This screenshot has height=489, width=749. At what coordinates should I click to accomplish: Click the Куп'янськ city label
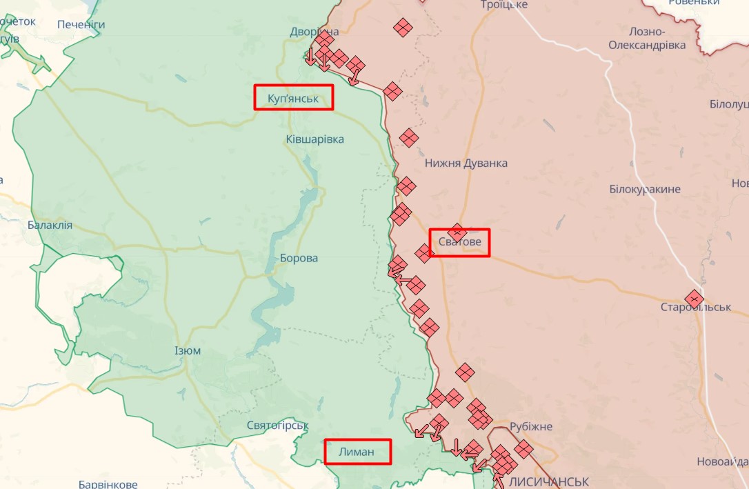(293, 98)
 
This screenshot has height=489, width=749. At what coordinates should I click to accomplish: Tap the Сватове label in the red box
(460, 243)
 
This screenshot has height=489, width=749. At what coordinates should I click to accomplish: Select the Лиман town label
(357, 452)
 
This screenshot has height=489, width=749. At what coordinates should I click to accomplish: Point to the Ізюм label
(188, 350)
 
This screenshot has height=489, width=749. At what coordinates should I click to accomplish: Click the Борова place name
(299, 258)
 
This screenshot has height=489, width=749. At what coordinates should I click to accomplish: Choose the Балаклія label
(50, 225)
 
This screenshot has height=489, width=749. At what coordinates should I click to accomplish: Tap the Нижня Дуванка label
(466, 163)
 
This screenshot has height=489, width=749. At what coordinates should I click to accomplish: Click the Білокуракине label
(645, 189)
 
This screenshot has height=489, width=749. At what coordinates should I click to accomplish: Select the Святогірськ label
(277, 426)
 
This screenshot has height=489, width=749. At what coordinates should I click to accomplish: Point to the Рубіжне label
(531, 427)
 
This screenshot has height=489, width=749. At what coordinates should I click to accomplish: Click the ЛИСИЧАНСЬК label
(550, 481)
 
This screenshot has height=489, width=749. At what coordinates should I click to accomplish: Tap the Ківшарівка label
(314, 139)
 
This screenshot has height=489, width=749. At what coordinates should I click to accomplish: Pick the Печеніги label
(81, 25)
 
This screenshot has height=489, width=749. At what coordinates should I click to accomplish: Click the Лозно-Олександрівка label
(647, 38)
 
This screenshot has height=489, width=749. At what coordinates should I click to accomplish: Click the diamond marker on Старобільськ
(694, 299)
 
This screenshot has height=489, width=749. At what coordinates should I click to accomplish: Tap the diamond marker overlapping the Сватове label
(457, 232)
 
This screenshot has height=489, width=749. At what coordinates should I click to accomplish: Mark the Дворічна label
(314, 32)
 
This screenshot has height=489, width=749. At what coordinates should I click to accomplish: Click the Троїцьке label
(504, 5)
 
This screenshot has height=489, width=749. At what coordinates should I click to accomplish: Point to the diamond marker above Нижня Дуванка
(409, 138)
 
